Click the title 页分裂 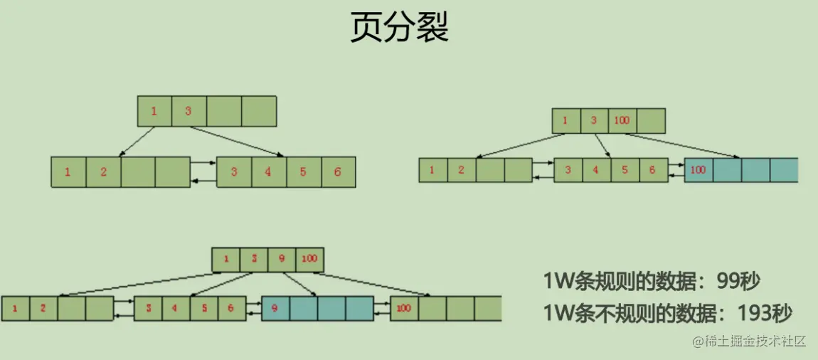tap(400, 29)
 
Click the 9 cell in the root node tap(282, 259)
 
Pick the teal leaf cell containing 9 tap(275, 309)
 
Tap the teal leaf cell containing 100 tap(698, 170)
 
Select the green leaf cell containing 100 tap(404, 309)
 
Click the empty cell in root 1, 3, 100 tap(651, 121)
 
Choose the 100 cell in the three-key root tap(622, 121)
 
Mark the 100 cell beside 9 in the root tap(309, 259)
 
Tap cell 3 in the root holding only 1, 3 tap(188, 111)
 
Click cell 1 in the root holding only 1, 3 tap(154, 111)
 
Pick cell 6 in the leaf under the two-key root tap(338, 172)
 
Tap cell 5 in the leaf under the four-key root tap(203, 309)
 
